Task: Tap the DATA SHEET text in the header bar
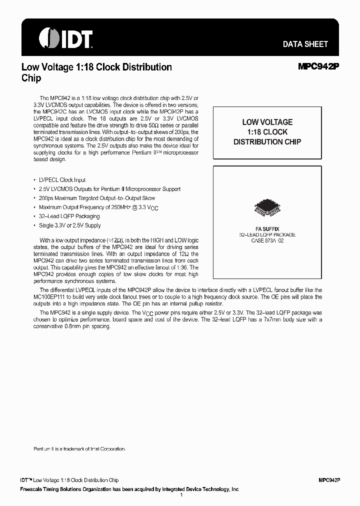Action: pos(305,44)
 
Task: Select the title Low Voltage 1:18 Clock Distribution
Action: pos(96,67)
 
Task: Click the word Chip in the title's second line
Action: pos(31,78)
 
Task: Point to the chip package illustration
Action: pos(267,209)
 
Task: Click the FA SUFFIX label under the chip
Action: pos(267,228)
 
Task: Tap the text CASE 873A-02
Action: pos(267,240)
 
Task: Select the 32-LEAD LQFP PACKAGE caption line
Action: pos(267,234)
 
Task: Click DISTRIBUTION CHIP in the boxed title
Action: pos(267,142)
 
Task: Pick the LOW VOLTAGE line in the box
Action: pos(267,122)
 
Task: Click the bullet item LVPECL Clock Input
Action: pos(62,180)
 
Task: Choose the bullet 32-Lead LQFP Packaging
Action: pos(69,216)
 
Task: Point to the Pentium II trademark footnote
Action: pos(79,449)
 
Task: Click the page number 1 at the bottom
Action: pos(180,494)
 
